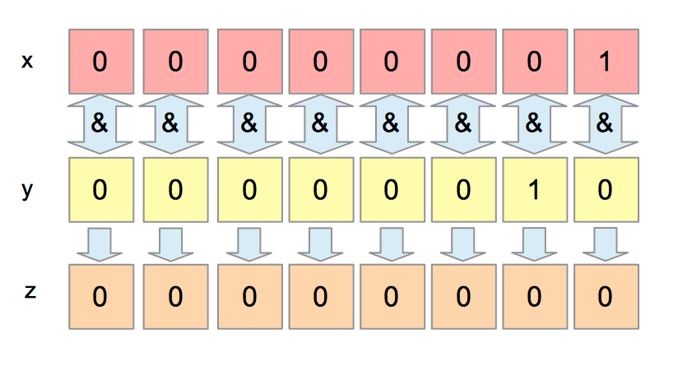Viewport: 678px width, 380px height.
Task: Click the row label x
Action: point(27,61)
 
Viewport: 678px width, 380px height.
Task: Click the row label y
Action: point(27,189)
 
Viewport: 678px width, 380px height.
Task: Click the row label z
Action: point(30,291)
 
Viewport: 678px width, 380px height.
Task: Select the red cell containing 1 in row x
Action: point(606,62)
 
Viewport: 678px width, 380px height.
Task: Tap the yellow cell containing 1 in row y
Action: point(534,190)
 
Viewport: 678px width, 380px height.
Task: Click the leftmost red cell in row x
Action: point(100,62)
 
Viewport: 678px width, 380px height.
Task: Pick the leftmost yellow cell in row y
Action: point(100,190)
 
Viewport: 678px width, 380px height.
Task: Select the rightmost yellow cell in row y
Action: point(606,190)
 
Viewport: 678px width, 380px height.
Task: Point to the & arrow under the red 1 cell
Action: point(606,125)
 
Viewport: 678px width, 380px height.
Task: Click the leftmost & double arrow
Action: point(100,125)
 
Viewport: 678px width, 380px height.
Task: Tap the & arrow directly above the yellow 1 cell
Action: point(534,125)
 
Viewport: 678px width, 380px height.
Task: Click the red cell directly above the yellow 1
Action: point(534,62)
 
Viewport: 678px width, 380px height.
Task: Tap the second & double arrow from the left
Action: point(170,125)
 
